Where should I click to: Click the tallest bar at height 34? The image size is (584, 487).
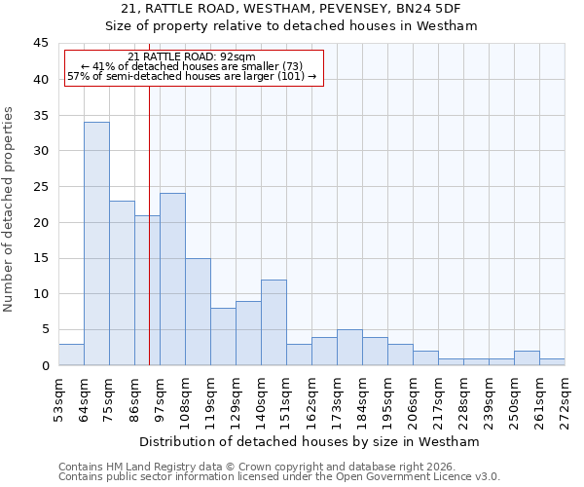click(x=96, y=243)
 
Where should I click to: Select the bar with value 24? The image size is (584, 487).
click(x=172, y=280)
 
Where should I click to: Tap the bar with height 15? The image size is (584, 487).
click(x=198, y=312)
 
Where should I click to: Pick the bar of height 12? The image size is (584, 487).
click(x=274, y=322)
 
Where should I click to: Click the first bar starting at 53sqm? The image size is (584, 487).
click(x=71, y=355)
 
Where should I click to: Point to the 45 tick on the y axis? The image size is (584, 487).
click(x=40, y=44)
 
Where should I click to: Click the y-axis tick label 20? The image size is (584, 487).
click(x=40, y=223)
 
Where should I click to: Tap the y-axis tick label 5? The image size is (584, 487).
click(x=44, y=330)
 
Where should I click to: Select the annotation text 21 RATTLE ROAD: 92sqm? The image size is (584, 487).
click(x=192, y=57)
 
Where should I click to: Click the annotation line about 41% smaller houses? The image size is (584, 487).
click(x=192, y=66)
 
